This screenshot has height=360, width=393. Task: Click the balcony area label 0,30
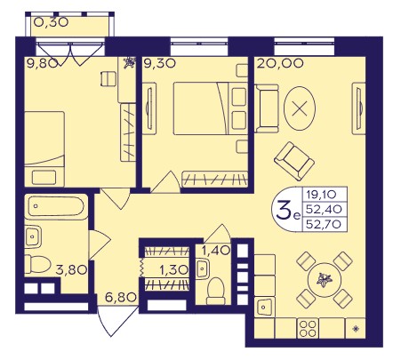coord(52,22)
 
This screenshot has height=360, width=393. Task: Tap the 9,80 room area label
coord(42,63)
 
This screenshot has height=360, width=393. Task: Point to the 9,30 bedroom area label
coord(159,63)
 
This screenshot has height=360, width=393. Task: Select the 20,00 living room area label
coord(280,63)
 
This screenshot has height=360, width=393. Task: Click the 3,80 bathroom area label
coord(71,270)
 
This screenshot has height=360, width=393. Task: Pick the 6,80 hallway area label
coord(121,297)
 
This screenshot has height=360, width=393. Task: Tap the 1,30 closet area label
coord(173,270)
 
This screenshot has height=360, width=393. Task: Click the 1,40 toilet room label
coord(216,251)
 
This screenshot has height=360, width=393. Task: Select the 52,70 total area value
coord(324,224)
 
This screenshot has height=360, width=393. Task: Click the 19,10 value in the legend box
coord(321,195)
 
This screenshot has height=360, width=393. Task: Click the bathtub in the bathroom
coord(56,206)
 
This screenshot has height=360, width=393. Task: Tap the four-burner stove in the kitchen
coord(308,329)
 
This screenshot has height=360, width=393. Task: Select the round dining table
coord(325,280)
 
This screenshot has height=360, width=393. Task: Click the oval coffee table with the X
coord(300,108)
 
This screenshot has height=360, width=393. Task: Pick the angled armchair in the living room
coord(294,161)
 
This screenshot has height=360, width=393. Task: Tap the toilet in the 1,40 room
coord(215,291)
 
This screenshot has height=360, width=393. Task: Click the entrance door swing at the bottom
coord(118,321)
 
